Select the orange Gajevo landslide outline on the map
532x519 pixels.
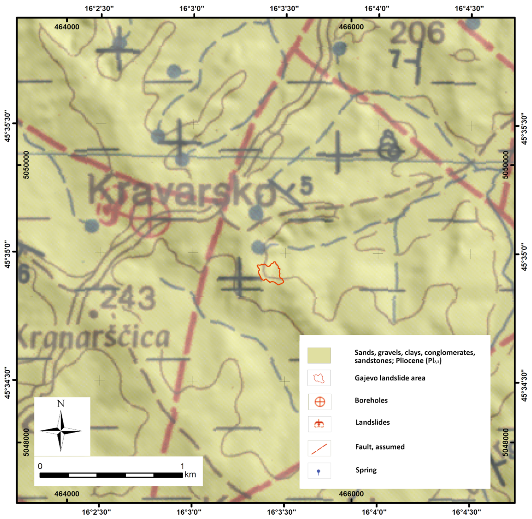point(270,273)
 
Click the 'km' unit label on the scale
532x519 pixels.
point(190,475)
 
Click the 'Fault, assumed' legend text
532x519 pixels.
point(380,447)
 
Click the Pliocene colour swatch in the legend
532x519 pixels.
point(319,355)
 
